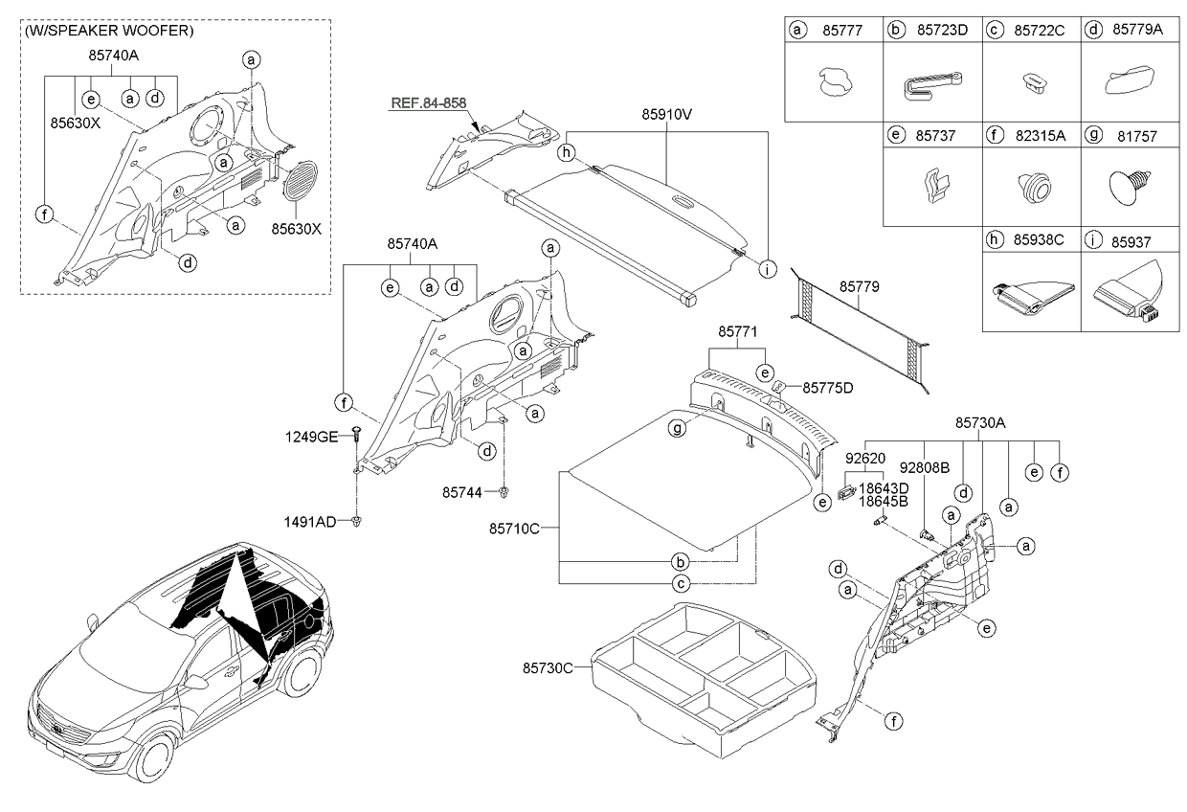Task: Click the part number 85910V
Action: (666, 113)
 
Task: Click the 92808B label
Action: (924, 469)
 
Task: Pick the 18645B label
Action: (884, 501)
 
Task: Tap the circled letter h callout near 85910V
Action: (567, 152)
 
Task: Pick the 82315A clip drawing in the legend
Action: (1031, 185)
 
